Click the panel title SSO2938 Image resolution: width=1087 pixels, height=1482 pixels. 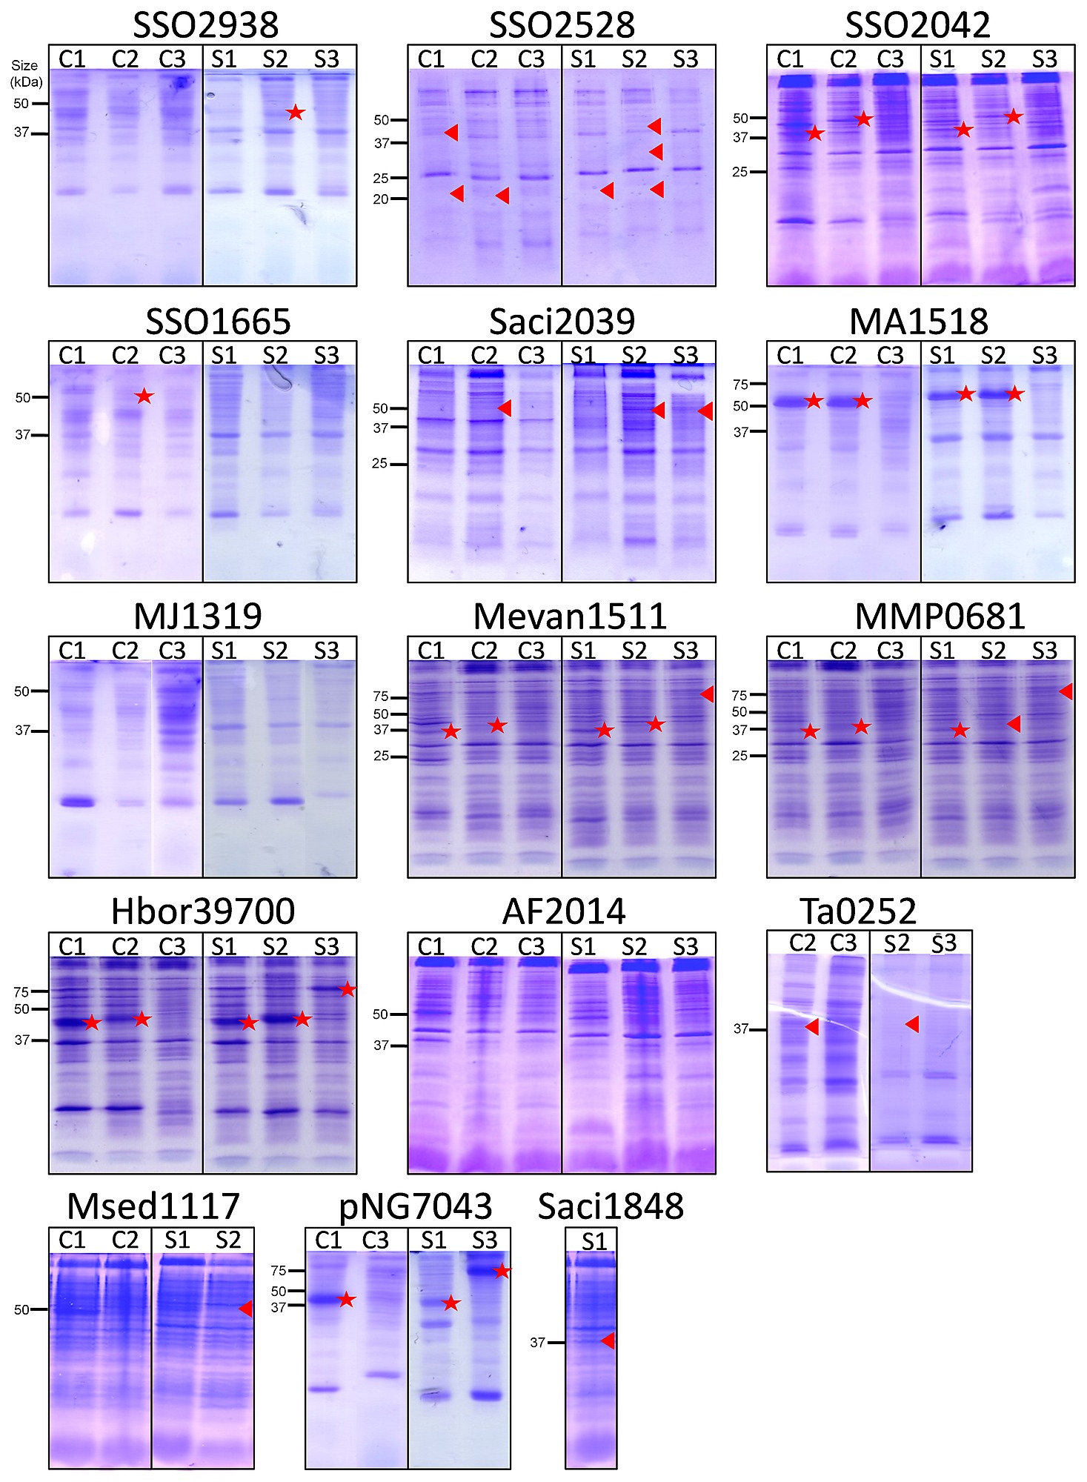point(205,25)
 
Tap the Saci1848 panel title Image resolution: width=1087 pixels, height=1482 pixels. point(611,1207)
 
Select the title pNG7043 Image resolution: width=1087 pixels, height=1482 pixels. point(415,1207)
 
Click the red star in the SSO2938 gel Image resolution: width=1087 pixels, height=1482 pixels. point(296,113)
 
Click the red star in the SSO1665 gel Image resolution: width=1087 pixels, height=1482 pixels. point(144,396)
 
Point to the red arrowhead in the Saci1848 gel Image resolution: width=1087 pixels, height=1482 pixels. point(608,1340)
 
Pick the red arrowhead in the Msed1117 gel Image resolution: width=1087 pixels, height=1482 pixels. point(245,1309)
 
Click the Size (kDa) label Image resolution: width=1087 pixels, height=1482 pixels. point(26,73)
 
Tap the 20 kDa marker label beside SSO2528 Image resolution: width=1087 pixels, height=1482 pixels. point(381,199)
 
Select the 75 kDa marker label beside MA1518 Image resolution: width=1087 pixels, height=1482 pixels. point(740,384)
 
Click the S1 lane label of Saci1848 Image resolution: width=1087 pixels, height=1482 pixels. point(594,1241)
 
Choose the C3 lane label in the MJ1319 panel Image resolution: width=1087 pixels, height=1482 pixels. point(172,651)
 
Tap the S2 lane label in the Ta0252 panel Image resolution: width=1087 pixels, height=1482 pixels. point(897,943)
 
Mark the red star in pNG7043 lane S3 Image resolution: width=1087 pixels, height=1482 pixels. point(502,1271)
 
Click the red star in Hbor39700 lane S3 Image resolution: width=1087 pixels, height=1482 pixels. point(348,989)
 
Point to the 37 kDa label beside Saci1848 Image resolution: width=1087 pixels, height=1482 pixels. point(538,1342)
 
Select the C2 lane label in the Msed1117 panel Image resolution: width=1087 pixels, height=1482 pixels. point(124,1240)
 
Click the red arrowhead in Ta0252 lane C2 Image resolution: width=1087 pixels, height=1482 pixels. point(811,1027)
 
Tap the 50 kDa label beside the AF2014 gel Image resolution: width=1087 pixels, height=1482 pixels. point(381,1014)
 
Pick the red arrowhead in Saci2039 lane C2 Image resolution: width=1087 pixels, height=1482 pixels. point(505,408)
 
